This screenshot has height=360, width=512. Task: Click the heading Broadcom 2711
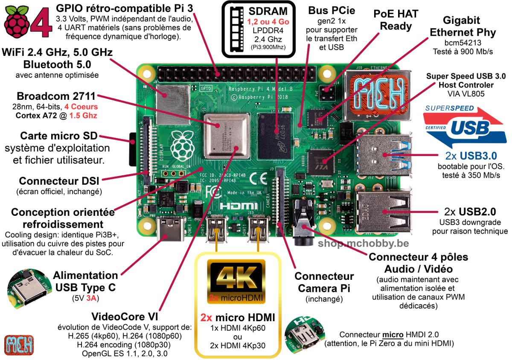(x=56, y=96)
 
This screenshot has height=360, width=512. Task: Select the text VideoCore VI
(x=125, y=317)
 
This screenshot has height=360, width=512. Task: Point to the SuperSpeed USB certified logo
(x=465, y=125)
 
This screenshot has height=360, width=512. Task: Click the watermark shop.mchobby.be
(x=363, y=244)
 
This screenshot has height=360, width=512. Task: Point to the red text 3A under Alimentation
(x=90, y=299)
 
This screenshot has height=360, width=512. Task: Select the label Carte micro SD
(x=59, y=136)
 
